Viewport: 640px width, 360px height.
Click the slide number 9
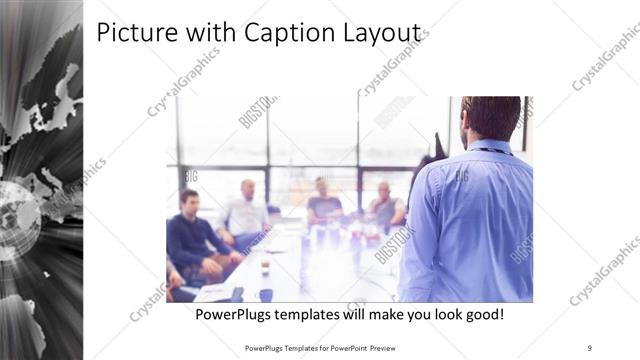click(590, 347)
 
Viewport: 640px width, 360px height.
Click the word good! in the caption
click(482, 315)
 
